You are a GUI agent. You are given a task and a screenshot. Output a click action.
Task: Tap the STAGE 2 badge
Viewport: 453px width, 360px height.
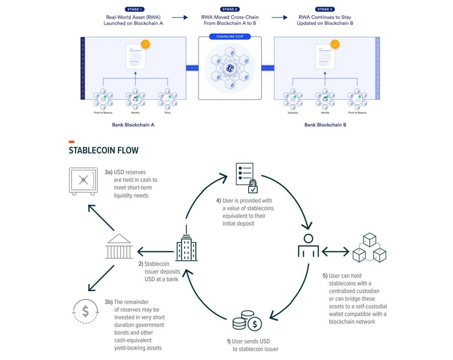pos(229,9)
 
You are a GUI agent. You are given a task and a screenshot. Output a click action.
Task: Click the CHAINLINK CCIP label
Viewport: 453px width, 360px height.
pos(229,36)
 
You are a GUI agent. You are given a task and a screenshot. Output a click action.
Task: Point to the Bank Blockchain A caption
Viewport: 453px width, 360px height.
pos(133,125)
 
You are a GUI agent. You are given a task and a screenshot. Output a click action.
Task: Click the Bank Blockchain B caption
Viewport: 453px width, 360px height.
pos(325,125)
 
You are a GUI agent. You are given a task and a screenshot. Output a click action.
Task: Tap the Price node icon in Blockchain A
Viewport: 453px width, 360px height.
pos(167,100)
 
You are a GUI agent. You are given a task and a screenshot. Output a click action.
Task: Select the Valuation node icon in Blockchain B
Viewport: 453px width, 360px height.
pos(293,100)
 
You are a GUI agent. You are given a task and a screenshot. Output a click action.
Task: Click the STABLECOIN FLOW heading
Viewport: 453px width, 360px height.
pos(104,151)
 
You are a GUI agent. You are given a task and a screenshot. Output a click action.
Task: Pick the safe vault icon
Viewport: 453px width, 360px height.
pos(83,181)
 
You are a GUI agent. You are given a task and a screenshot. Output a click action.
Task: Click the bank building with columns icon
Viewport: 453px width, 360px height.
pos(119,247)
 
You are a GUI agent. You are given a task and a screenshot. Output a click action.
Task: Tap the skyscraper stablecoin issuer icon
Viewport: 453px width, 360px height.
pos(186,247)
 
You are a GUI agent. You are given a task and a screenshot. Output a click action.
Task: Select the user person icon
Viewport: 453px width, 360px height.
pos(308,246)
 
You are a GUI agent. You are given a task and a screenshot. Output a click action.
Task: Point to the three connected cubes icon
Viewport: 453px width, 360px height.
pos(369,247)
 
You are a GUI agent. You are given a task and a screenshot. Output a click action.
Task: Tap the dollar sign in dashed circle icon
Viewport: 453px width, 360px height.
pos(86,311)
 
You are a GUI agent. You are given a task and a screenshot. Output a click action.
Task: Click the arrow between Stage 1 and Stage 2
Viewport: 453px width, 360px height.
pos(179,17)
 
